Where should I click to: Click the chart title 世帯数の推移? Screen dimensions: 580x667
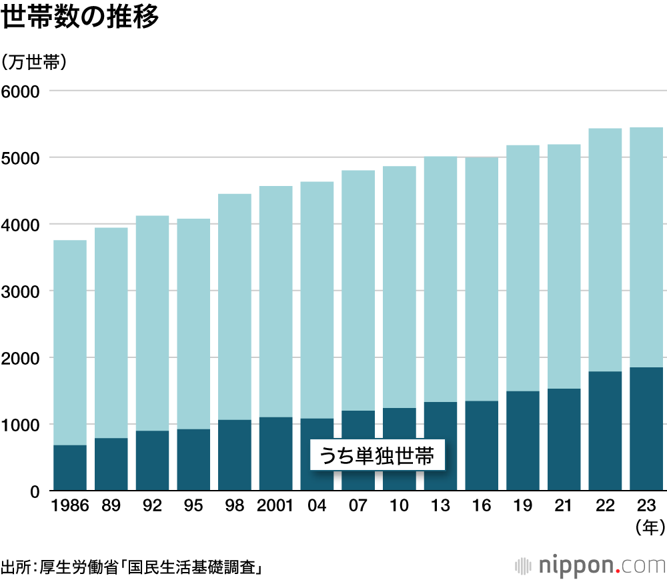(81, 18)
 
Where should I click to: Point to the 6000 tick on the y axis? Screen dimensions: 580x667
(22, 91)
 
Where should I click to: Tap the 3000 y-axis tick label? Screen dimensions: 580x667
(22, 291)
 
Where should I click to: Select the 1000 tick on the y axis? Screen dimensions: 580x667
(22, 425)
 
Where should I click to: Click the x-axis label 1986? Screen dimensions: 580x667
(70, 506)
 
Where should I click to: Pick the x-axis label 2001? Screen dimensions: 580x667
(275, 506)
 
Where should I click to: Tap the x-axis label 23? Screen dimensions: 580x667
(646, 506)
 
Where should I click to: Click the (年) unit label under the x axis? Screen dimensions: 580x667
(646, 528)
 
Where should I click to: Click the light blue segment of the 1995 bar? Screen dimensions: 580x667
(193, 323)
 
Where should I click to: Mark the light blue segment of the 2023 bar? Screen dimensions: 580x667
(646, 247)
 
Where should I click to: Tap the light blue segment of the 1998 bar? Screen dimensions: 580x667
(235, 307)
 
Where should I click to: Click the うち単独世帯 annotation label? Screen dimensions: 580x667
(377, 457)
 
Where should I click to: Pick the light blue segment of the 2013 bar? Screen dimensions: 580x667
(440, 280)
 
